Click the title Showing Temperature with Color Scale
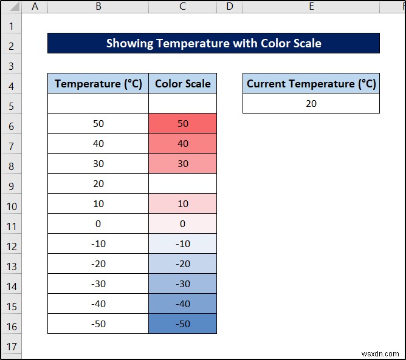[x=213, y=43]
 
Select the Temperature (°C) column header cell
[x=98, y=83]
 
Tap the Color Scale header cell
[x=182, y=83]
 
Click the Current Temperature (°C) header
[x=311, y=83]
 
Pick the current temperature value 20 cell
[x=311, y=103]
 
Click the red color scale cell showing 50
[x=182, y=123]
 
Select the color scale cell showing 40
[x=182, y=143]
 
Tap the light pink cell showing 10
[x=182, y=203]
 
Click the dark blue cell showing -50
[x=182, y=324]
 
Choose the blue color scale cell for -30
[x=182, y=284]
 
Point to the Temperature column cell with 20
[x=98, y=183]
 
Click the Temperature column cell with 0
[x=98, y=223]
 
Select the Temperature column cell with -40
[x=98, y=304]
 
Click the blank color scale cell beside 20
[x=182, y=183]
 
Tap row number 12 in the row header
[x=11, y=243]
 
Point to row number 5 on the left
[x=11, y=103]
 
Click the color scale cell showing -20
[x=182, y=263]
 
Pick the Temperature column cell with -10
[x=98, y=243]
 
